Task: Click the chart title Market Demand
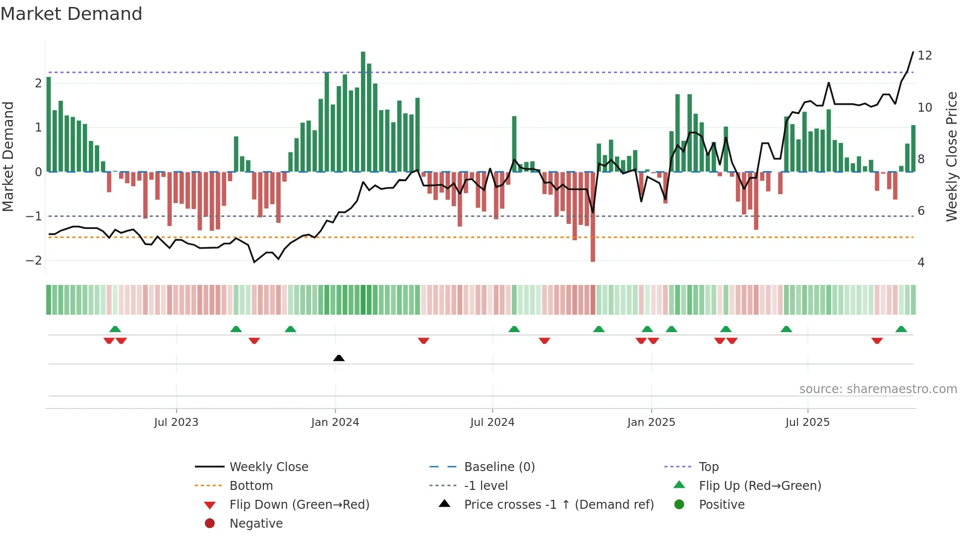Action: coord(71,14)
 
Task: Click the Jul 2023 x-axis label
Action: coord(176,422)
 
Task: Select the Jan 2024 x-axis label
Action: coord(335,422)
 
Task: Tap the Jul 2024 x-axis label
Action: coord(492,422)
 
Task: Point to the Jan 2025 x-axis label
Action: coord(651,422)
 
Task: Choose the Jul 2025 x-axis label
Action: coord(807,422)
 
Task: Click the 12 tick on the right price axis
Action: coord(924,56)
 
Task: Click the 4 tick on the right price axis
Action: coord(921,263)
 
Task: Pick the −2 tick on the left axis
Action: coord(34,261)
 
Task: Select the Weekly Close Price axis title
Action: coord(951,156)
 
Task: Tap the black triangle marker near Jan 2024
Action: coord(339,358)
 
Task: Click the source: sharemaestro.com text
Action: coord(878,389)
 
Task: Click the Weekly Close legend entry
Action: coord(268,467)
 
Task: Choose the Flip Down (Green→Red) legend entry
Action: coord(299,505)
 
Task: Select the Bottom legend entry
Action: coord(251,486)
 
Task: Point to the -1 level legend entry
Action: coord(486,486)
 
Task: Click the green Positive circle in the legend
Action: coord(679,505)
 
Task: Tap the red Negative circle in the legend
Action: coord(210,524)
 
